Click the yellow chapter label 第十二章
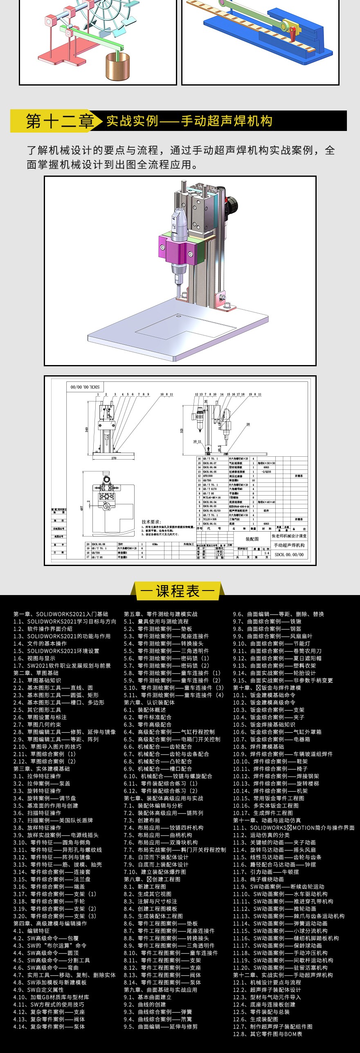click(x=60, y=121)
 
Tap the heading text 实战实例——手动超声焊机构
click(x=189, y=121)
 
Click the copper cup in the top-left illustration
click(x=118, y=67)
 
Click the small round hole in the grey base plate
click(x=178, y=316)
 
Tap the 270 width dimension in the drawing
click(x=114, y=458)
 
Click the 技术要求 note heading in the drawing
click(x=151, y=522)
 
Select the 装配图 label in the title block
click(x=252, y=539)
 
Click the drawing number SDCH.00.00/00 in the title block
click(x=289, y=555)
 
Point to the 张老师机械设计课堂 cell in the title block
click(x=289, y=536)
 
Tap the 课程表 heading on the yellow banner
click(x=178, y=591)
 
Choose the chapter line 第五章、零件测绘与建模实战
click(x=161, y=614)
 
